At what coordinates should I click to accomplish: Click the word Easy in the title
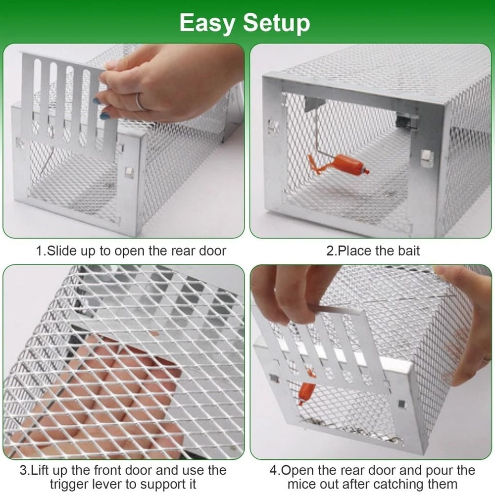(209, 23)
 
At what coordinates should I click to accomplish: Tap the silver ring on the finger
(141, 101)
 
